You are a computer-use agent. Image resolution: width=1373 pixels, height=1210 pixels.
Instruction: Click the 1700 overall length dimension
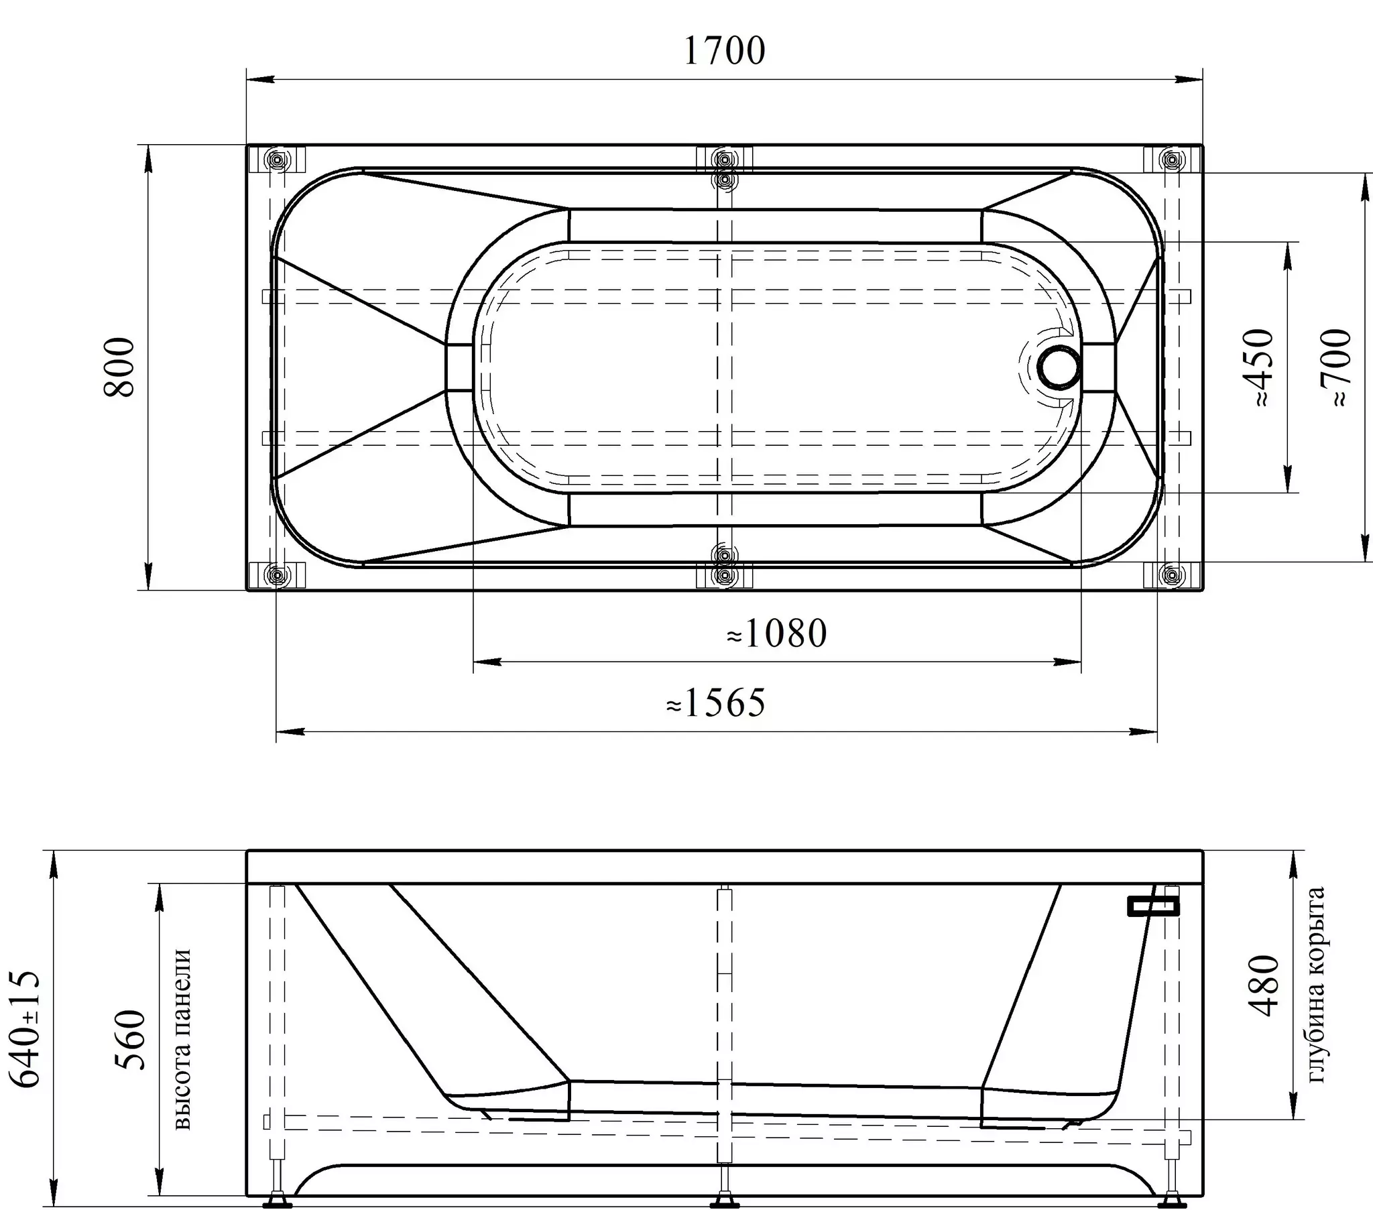point(724,51)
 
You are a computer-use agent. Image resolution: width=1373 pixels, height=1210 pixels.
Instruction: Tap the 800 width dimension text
point(120,367)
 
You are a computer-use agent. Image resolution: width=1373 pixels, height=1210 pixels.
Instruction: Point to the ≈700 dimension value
point(1335,367)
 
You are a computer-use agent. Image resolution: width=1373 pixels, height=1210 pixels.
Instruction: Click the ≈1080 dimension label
point(776,633)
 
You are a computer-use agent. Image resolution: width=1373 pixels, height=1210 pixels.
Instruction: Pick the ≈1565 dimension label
point(715,703)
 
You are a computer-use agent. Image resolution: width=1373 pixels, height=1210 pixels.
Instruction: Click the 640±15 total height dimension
point(25,1028)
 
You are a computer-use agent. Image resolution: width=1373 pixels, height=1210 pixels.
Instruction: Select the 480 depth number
point(1264,985)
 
